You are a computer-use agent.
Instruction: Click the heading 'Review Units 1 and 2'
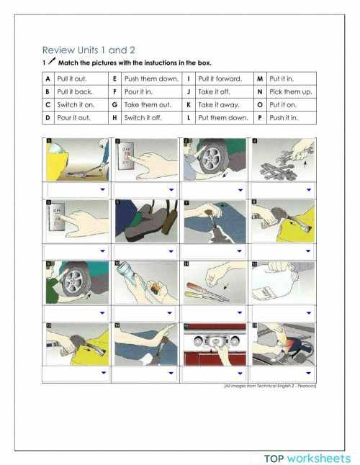tap(89, 50)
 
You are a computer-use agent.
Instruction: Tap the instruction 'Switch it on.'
tap(76, 104)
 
